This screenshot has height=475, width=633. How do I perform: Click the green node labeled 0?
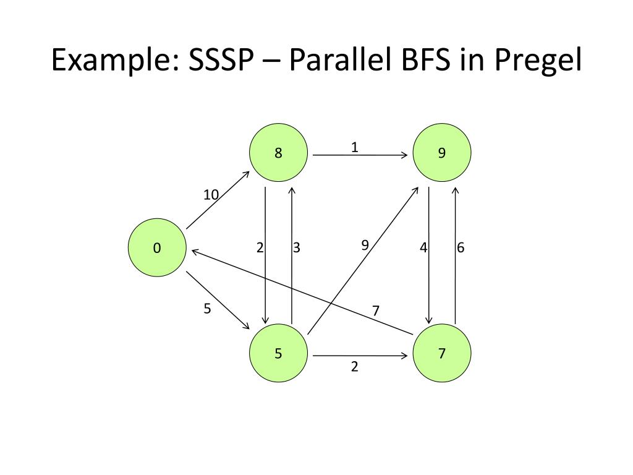pos(157,248)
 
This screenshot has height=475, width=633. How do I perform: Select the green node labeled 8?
pos(278,153)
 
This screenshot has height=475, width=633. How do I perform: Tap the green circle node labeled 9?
pos(441,153)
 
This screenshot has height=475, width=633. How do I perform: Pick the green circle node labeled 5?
pos(278,354)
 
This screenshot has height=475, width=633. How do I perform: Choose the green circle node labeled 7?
pos(441,354)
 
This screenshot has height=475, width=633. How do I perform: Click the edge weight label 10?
pos(211,195)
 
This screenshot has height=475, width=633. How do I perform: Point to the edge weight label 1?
pos(354,148)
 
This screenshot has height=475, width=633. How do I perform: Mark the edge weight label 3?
pos(297,248)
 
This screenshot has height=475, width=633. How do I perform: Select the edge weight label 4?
pos(423,248)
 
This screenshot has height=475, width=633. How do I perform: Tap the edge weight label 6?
pos(461,248)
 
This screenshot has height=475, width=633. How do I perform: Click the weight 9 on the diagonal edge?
pos(365,245)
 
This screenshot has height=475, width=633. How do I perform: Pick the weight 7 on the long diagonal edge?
pos(375,310)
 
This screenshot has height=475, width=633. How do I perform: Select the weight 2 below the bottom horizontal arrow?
pos(354,367)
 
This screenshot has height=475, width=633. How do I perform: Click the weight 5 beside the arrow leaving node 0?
pos(207,309)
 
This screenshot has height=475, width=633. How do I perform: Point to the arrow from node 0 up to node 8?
pos(218,200)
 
